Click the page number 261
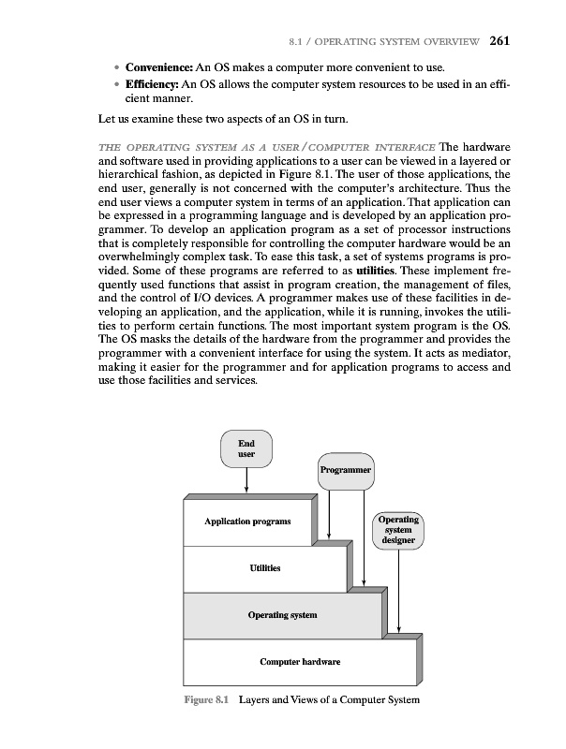click(499, 39)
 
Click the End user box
click(246, 448)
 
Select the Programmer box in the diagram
click(346, 469)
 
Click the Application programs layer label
click(247, 521)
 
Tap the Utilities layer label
click(264, 568)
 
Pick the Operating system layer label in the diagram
click(282, 614)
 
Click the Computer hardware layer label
click(300, 662)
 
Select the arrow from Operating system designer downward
click(399, 590)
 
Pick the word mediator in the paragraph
click(476, 361)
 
